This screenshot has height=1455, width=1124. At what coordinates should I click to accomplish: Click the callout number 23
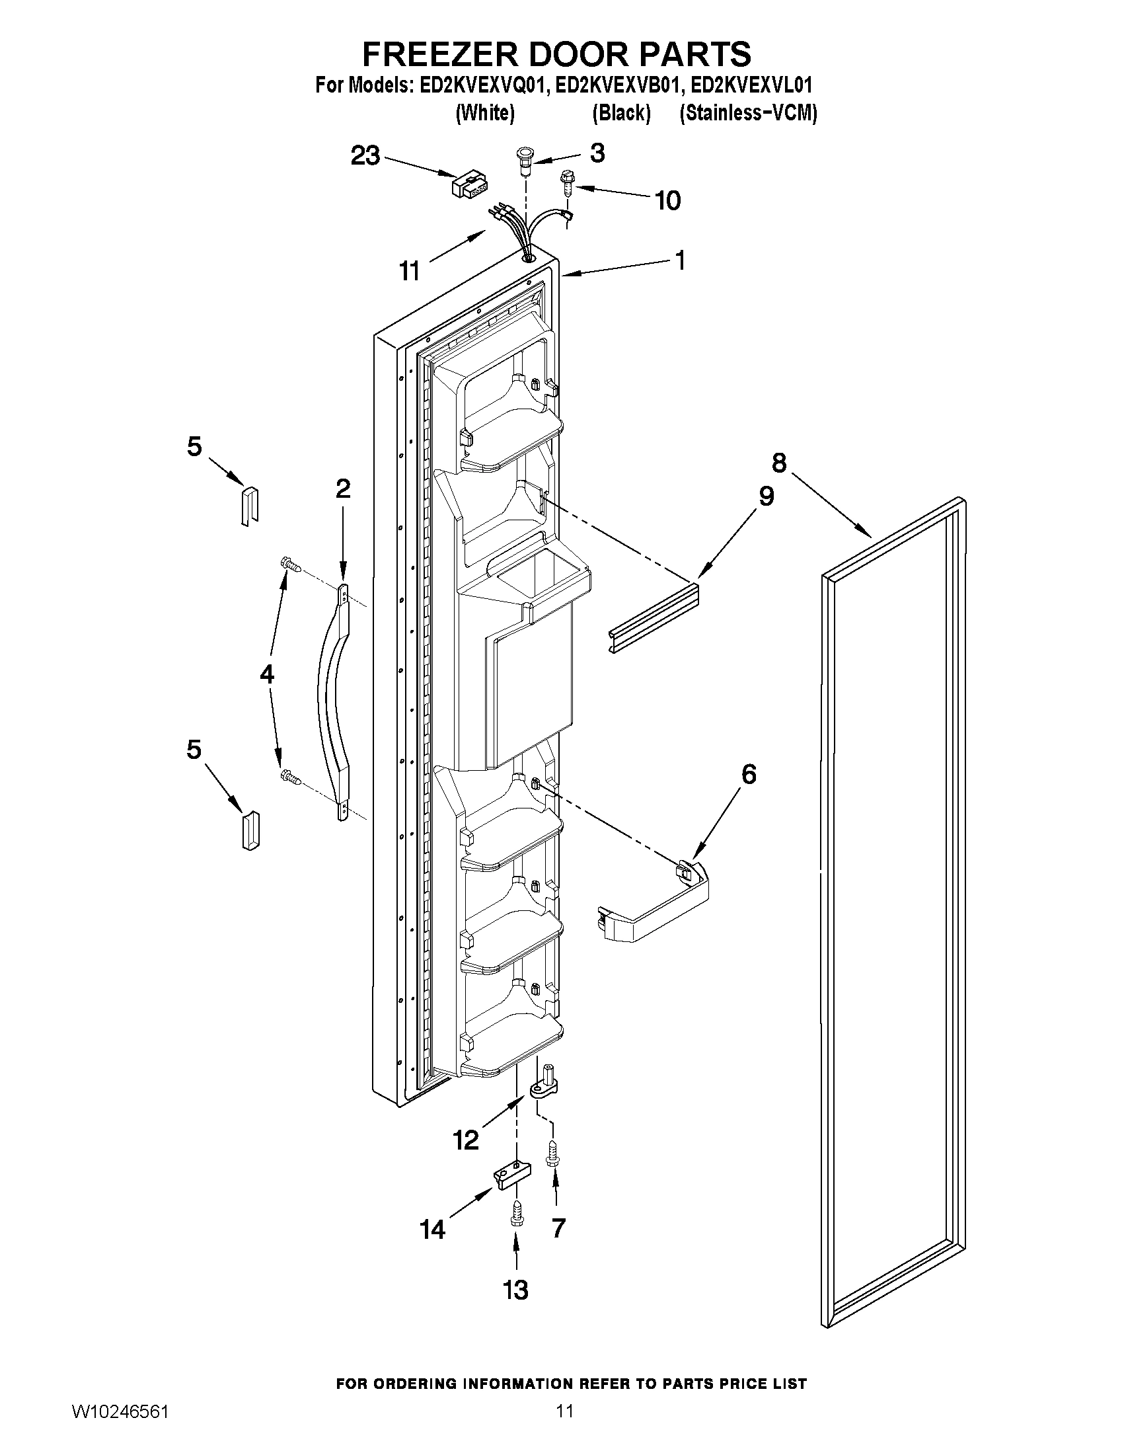point(365,156)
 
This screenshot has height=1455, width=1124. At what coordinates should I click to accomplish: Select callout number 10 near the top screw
point(668,200)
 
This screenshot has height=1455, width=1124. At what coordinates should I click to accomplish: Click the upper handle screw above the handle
point(291,565)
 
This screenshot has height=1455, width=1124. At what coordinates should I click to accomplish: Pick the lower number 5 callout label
point(194,750)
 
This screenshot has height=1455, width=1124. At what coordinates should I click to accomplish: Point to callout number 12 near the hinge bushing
point(466,1140)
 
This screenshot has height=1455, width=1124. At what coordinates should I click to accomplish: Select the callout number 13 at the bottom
point(515,1290)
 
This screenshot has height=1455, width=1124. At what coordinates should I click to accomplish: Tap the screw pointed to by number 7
point(552,1153)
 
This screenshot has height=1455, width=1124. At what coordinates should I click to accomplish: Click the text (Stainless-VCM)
point(748,113)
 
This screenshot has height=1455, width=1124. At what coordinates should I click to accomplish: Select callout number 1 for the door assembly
point(680,260)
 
